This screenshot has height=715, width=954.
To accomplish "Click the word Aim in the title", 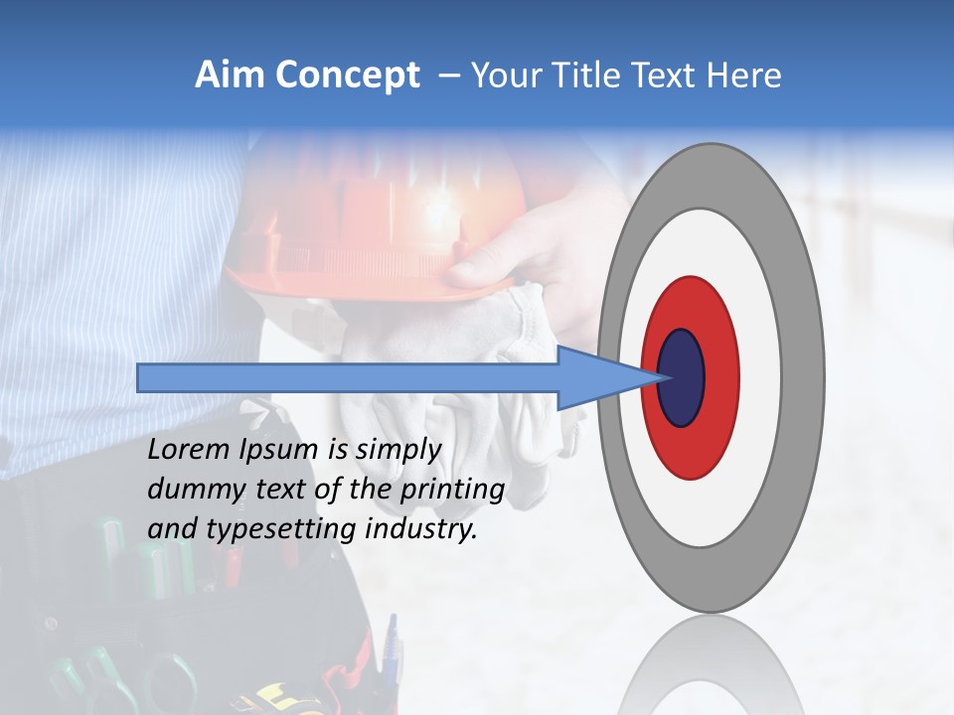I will [x=226, y=75].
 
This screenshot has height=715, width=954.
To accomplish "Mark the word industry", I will [x=421, y=529].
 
